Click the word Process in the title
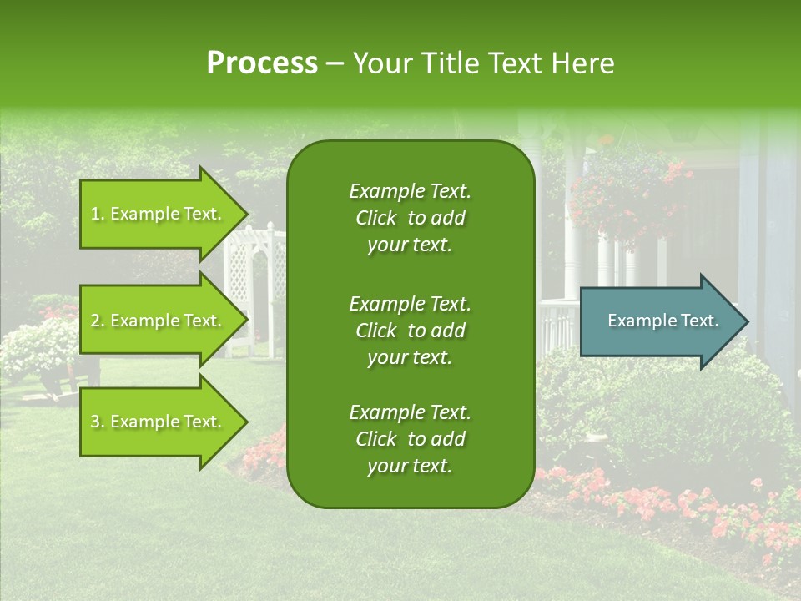[262, 63]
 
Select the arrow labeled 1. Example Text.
[159, 214]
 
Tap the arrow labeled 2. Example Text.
[159, 321]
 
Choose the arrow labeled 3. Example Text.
[159, 422]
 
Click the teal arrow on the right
[659, 321]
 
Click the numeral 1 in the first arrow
[95, 214]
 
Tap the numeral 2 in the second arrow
[95, 321]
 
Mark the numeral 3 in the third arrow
[95, 422]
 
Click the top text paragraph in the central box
[410, 218]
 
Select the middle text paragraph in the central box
[410, 330]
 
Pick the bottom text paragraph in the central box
[410, 439]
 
